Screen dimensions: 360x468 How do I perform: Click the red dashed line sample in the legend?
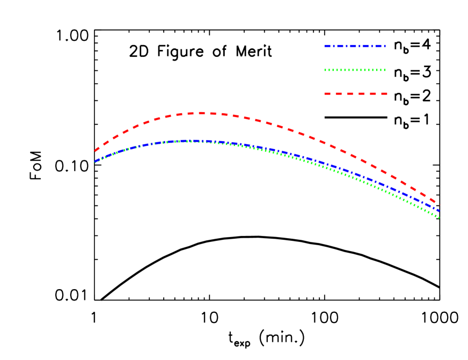[x=356, y=93]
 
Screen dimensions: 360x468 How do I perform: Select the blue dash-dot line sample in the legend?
[x=355, y=46]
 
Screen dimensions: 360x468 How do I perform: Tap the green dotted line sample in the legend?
[x=355, y=70]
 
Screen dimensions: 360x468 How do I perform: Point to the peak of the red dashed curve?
[x=202, y=113]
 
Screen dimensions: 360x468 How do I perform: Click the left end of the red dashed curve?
[x=96, y=151]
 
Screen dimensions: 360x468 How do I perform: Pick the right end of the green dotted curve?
[x=439, y=217]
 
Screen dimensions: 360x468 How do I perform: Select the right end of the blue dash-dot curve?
[x=439, y=211]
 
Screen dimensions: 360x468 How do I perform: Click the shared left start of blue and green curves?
[x=96, y=161]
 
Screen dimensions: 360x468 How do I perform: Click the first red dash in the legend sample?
[x=327, y=93]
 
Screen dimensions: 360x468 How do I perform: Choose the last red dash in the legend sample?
[x=384, y=93]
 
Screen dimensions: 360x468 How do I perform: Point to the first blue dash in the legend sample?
[x=327, y=46]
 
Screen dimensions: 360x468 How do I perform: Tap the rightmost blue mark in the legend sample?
[x=385, y=46]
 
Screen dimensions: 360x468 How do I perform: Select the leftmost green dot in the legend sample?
[x=325, y=70]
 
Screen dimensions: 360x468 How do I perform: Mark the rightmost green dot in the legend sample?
[x=385, y=70]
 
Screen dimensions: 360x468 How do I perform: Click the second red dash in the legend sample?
[x=339, y=93]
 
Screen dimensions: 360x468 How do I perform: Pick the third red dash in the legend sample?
[x=350, y=93]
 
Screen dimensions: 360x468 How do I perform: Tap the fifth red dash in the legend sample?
[x=373, y=93]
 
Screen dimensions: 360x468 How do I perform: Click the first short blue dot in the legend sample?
[x=334, y=46]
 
